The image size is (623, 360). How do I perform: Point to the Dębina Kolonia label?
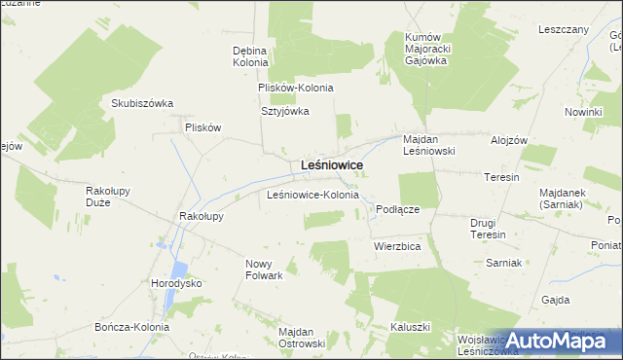tap(250, 55)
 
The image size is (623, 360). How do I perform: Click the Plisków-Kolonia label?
tap(296, 88)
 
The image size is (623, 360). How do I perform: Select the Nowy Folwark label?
tap(264, 270)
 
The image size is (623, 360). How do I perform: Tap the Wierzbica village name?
tap(396, 247)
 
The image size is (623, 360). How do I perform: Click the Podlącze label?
tap(397, 209)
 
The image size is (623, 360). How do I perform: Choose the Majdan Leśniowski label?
tap(429, 145)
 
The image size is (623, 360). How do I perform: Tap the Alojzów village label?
tap(509, 140)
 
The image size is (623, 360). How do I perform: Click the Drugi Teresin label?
tap(489, 229)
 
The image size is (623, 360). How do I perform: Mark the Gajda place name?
tap(557, 300)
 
